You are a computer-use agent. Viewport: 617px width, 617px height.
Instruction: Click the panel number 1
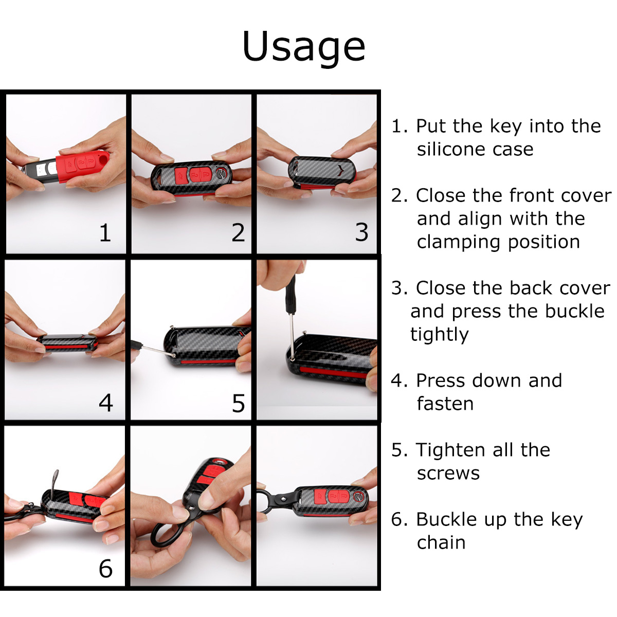106,233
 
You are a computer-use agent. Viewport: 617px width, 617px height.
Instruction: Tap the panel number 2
238,233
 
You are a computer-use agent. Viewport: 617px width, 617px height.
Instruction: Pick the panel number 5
239,403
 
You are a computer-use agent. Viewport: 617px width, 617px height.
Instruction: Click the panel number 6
106,569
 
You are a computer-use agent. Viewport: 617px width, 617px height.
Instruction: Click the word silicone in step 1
450,149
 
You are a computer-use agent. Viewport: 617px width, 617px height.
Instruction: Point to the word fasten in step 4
445,404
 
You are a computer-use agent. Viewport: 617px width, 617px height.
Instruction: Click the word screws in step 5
448,473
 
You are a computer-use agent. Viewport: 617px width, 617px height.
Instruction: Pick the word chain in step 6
441,543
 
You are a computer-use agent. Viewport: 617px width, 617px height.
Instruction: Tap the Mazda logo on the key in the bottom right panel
359,497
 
